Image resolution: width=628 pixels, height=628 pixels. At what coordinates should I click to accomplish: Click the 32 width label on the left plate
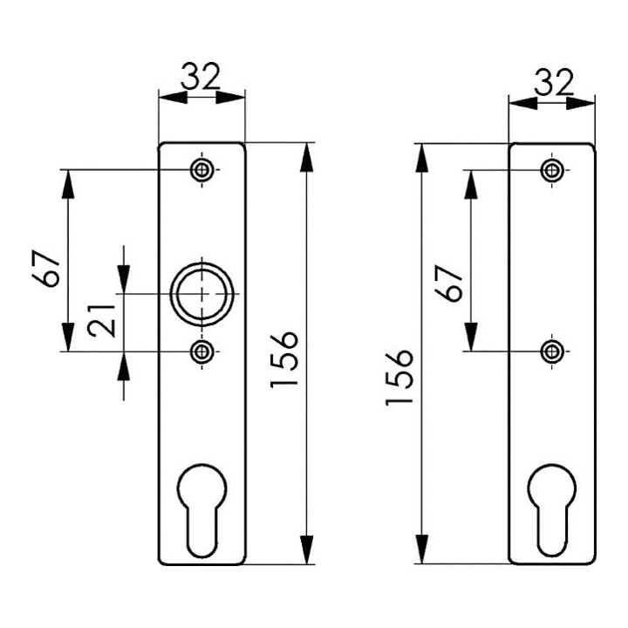pyautogui.click(x=201, y=76)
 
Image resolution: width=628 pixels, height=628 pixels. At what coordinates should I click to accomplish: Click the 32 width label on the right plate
pyautogui.click(x=555, y=82)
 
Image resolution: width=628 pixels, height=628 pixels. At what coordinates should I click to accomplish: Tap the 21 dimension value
pyautogui.click(x=102, y=321)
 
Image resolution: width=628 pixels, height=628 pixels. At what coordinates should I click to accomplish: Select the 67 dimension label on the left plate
pyautogui.click(x=46, y=269)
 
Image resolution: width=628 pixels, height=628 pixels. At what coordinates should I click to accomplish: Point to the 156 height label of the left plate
pyautogui.click(x=284, y=359)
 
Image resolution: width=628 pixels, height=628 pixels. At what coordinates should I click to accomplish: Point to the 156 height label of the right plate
pyautogui.click(x=399, y=378)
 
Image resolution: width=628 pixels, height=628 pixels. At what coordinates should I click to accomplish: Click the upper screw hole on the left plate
pyautogui.click(x=201, y=170)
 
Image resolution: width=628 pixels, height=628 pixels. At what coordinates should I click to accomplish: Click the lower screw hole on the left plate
pyautogui.click(x=201, y=352)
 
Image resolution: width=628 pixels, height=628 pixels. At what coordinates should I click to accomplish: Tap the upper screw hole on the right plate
pyautogui.click(x=552, y=170)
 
